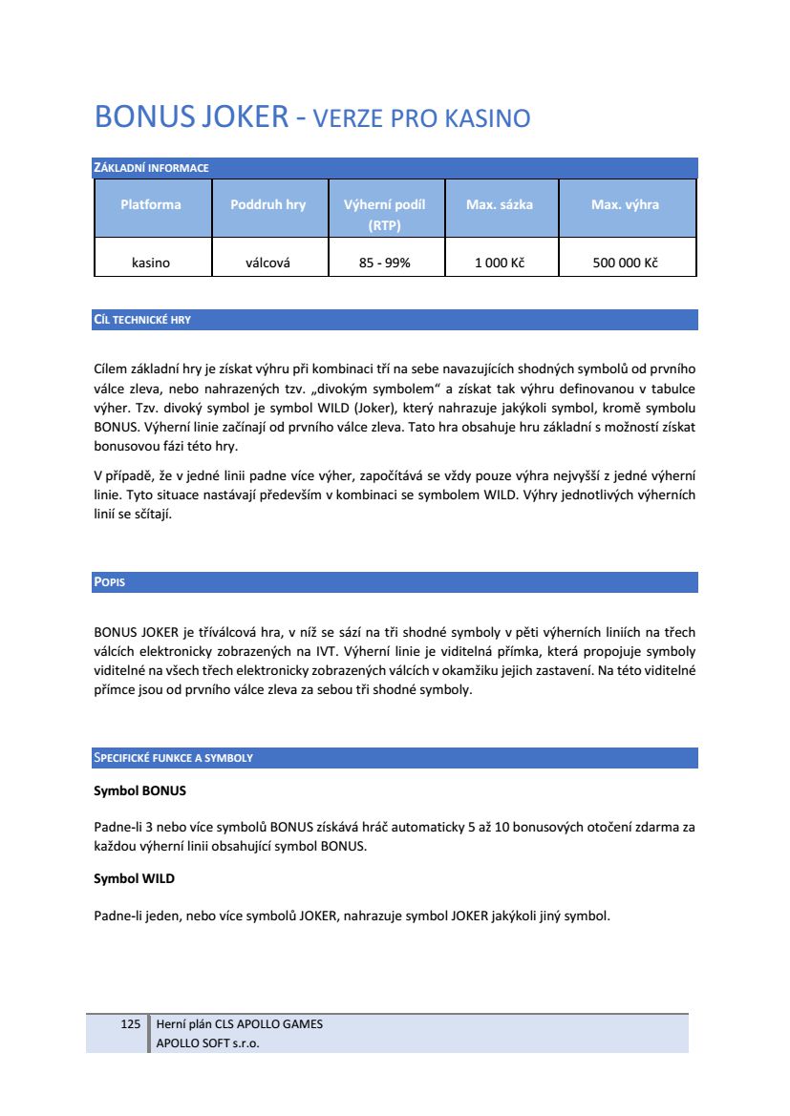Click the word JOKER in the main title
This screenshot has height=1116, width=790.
246,117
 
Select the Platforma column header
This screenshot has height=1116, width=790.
151,204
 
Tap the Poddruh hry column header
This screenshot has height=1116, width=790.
268,204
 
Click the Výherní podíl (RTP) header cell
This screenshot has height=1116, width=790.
385,215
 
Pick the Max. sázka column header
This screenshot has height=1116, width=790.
500,204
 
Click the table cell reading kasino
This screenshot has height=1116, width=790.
151,263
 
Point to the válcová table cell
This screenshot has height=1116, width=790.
268,263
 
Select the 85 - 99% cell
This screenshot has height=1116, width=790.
385,263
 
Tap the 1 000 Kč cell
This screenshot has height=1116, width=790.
500,263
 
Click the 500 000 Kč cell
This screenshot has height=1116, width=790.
626,263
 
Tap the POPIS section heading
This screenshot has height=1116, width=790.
109,582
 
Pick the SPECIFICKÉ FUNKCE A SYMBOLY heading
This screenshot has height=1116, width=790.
173,758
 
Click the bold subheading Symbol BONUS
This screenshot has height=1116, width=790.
139,791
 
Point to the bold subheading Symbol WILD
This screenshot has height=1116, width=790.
135,878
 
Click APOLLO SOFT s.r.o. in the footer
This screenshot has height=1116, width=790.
207,1043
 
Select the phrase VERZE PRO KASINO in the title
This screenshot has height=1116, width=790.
422,119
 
